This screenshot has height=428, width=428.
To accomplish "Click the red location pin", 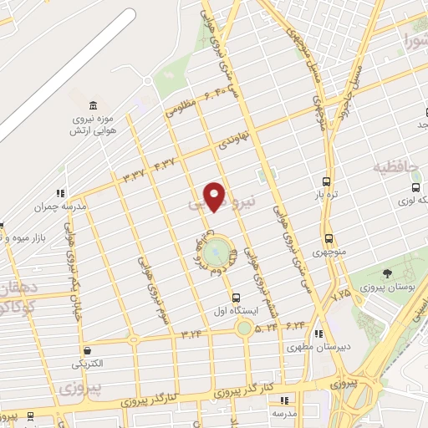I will [216, 196].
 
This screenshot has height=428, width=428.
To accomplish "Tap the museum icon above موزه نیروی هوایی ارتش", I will [92, 106].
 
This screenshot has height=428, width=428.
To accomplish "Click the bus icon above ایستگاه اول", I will [236, 297].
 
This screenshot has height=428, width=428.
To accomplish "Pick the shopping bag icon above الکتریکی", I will [87, 352].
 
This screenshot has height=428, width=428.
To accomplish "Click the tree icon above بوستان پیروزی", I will [386, 273].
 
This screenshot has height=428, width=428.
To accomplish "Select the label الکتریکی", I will [88, 364].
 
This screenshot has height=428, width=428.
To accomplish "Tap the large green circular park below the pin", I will [216, 250].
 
